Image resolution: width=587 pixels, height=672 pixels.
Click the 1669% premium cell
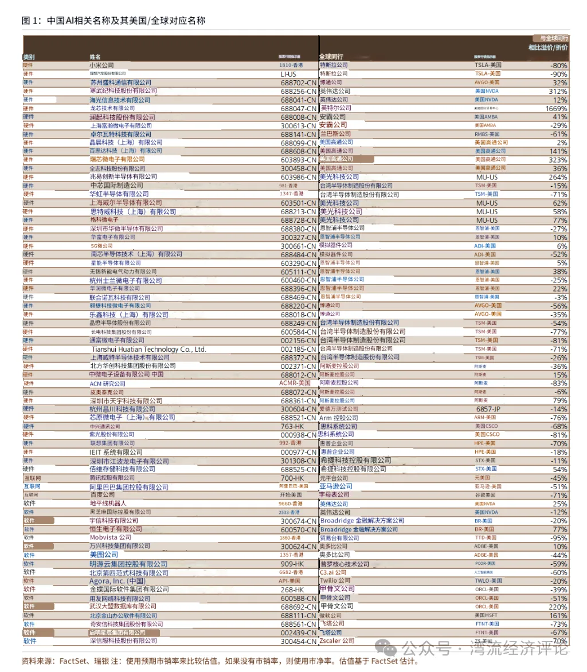click(556, 108)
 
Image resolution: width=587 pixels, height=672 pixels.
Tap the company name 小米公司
click(101, 65)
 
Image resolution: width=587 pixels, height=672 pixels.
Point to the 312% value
click(558, 91)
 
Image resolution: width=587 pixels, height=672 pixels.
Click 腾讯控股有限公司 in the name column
click(112, 478)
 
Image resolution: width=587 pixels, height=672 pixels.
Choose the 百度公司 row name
click(102, 494)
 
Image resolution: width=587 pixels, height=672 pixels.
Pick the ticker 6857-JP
click(488, 409)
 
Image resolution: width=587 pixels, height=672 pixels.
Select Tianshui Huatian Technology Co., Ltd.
click(148, 349)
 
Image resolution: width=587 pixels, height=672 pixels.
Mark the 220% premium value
click(557, 607)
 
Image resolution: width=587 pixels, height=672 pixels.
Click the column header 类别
click(29, 57)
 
